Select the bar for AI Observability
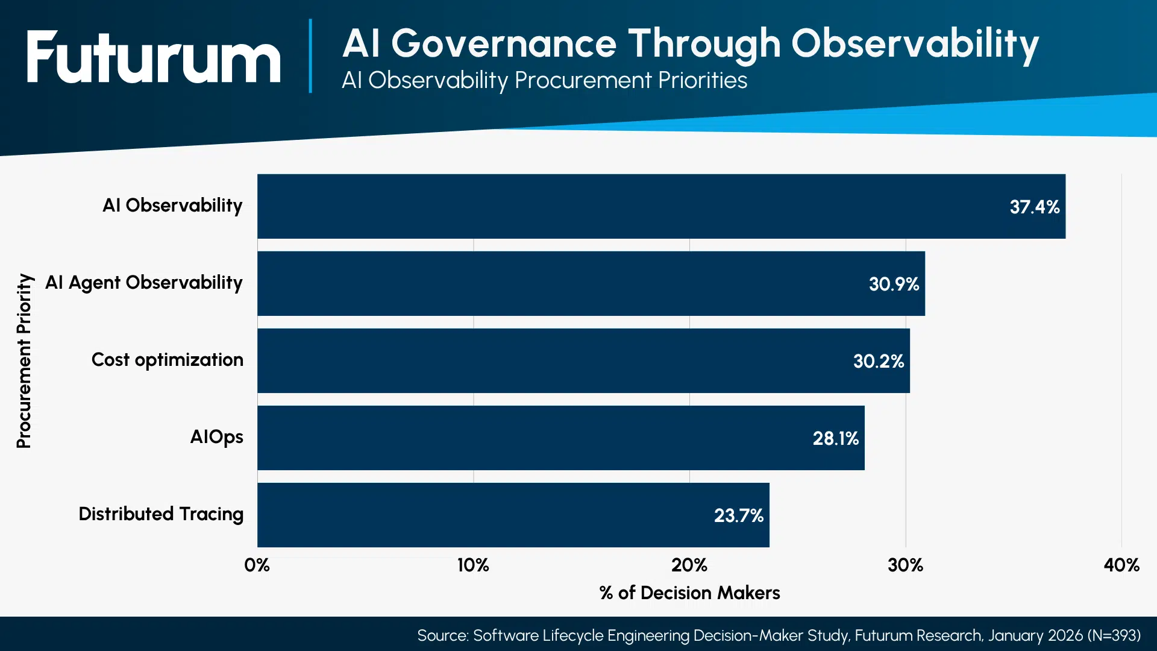pos(661,206)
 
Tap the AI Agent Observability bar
pos(591,283)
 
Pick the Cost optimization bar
pos(583,360)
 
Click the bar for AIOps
pos(561,438)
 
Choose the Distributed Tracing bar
pos(513,515)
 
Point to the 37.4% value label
pos(1035,207)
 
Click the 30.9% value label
pos(894,284)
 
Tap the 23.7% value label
pos(739,515)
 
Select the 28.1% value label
pos(836,438)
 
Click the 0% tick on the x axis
pos(257,565)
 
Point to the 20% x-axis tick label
pos(689,565)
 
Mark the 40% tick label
pos(1121,565)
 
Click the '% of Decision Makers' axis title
pos(689,593)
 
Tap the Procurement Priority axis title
pos(24,360)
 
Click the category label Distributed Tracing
pos(161,514)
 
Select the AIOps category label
pos(217,436)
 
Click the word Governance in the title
pos(504,43)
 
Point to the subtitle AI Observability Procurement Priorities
pos(545,80)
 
